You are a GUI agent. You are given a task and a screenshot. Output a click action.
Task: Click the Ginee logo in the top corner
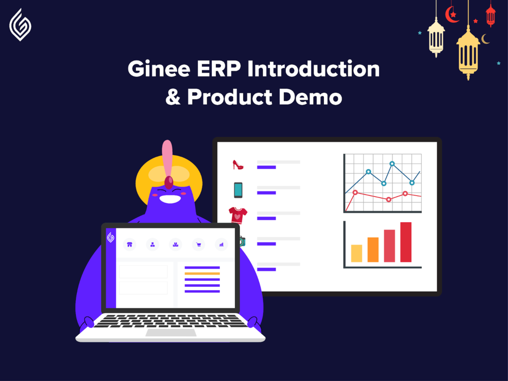[20, 25]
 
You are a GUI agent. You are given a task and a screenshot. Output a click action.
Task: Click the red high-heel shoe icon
[238, 165]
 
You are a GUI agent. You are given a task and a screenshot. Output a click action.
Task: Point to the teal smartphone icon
[238, 190]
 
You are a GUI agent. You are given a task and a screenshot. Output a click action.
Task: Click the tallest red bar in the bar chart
[406, 242]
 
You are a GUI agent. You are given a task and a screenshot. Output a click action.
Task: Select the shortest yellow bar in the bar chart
[356, 254]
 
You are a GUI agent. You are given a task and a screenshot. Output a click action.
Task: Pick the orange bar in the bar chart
[373, 250]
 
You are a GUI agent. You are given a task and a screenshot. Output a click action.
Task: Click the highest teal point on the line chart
[392, 164]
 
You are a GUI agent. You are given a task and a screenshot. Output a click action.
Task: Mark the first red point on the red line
[355, 192]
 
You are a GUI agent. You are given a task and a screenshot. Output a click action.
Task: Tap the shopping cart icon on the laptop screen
[198, 245]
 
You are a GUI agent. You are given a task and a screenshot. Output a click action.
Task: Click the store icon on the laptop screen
[129, 245]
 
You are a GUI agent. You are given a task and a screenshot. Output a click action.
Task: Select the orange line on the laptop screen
[202, 274]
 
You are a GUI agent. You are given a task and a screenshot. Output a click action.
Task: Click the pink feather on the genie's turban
[167, 159]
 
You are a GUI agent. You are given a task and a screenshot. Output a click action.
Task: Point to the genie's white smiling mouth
[170, 199]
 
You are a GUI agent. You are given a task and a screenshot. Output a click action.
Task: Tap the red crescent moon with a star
[451, 15]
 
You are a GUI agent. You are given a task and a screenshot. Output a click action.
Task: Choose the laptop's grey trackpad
[171, 332]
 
